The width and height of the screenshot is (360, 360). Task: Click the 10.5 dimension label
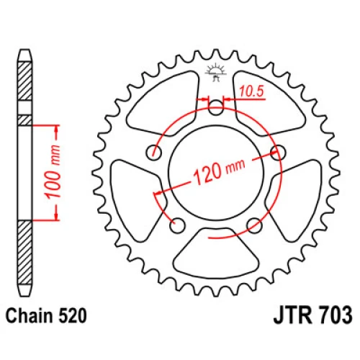pos(251,91)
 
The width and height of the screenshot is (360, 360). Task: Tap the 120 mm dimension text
pos(219,171)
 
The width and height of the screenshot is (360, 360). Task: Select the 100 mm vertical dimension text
pos(53,172)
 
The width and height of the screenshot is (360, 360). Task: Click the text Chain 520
pos(46,316)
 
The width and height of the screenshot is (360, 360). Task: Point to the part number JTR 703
pos(313,315)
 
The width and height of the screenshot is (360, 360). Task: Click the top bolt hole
pos(215,108)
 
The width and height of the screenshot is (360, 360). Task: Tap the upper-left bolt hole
pos(154,153)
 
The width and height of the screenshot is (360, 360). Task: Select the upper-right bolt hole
pos(278,153)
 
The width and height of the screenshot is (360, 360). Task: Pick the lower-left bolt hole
pos(177,225)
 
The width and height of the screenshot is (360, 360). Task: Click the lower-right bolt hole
pos(254,225)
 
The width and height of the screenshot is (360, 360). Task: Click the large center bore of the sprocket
pos(216,173)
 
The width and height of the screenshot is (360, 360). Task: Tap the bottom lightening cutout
pos(216,254)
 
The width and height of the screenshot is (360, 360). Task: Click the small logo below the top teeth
pos(216,72)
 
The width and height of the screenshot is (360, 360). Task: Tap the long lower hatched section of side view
pos(25,253)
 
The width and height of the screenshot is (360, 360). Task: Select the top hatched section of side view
pos(25,81)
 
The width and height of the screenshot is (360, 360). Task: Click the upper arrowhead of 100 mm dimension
pos(57,130)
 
